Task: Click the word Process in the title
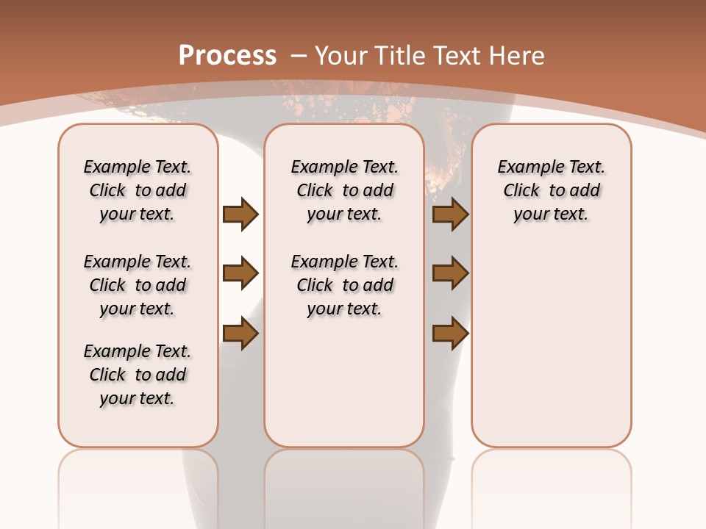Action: pyautogui.click(x=227, y=55)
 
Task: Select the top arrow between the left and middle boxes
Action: pyautogui.click(x=240, y=214)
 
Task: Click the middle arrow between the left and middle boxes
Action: pyautogui.click(x=240, y=274)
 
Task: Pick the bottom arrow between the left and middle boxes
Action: pyautogui.click(x=240, y=334)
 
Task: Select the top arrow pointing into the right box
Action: pyautogui.click(x=450, y=214)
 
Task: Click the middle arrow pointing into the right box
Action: pyautogui.click(x=450, y=274)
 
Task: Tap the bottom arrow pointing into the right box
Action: pyautogui.click(x=450, y=334)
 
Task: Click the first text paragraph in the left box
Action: pyautogui.click(x=138, y=190)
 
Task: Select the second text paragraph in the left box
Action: pyautogui.click(x=138, y=285)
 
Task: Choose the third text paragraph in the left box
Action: pyautogui.click(x=138, y=375)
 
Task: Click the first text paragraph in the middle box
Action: pyautogui.click(x=344, y=190)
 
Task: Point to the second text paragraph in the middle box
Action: pyautogui.click(x=344, y=285)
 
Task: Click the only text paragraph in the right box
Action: pyautogui.click(x=551, y=190)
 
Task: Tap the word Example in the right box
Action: pyautogui.click(x=524, y=168)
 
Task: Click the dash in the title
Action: pyautogui.click(x=298, y=55)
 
